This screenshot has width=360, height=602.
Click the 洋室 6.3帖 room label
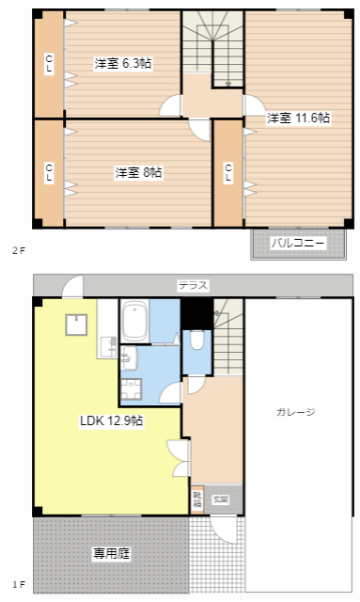(x=124, y=64)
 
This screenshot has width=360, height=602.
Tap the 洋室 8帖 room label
(x=138, y=173)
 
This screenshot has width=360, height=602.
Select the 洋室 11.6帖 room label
(x=298, y=119)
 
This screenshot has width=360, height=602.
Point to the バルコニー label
(x=298, y=244)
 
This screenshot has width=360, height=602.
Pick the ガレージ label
(x=295, y=412)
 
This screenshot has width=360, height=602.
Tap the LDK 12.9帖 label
(x=111, y=420)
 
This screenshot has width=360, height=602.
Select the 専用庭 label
(x=111, y=554)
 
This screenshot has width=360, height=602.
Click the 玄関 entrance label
(x=220, y=499)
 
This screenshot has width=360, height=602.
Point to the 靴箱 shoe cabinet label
(x=197, y=499)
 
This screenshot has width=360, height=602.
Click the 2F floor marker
(x=17, y=250)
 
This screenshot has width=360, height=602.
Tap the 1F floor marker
(x=17, y=584)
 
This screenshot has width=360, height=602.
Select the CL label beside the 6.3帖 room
(x=49, y=64)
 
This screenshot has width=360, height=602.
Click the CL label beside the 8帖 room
(x=49, y=173)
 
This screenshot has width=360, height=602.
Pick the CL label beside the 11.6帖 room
(x=228, y=173)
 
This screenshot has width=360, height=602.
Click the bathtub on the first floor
(x=134, y=322)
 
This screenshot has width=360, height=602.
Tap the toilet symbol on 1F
(x=196, y=341)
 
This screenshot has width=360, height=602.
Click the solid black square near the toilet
(x=196, y=312)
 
